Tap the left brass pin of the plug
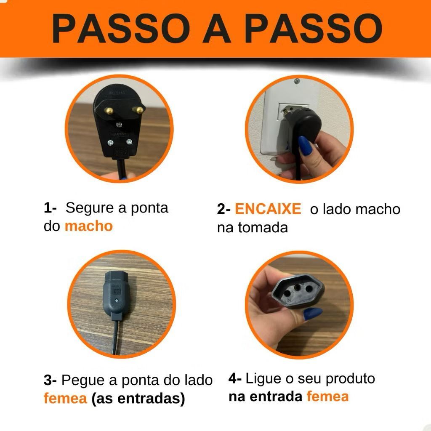(x=109, y=111)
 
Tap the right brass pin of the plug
(x=137, y=110)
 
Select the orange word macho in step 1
(x=88, y=226)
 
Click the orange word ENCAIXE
(x=268, y=209)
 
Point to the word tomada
(x=263, y=227)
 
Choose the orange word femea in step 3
(x=65, y=398)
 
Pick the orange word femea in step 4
(x=327, y=396)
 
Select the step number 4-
(x=235, y=378)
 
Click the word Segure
(x=90, y=208)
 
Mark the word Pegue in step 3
(x=83, y=380)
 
